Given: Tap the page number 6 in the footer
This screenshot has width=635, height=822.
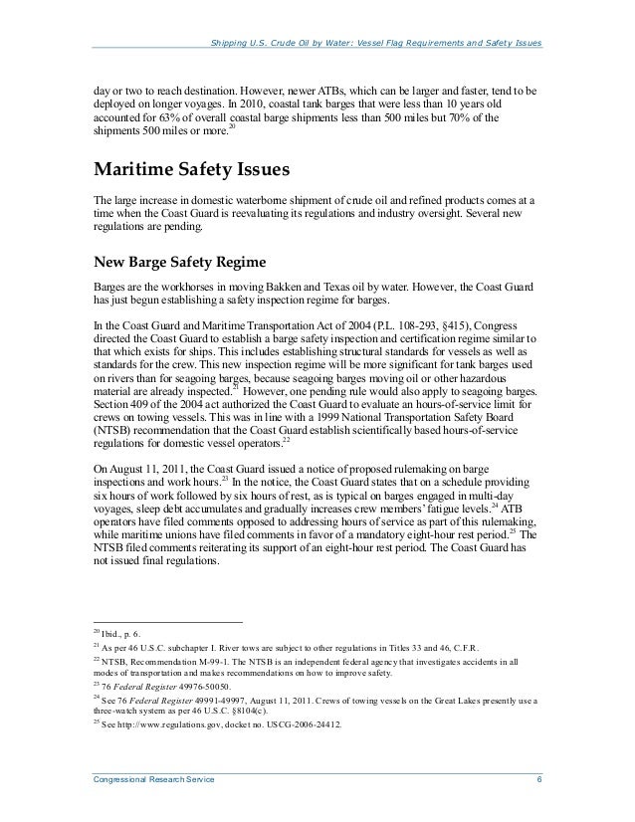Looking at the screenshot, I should (x=537, y=789).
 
